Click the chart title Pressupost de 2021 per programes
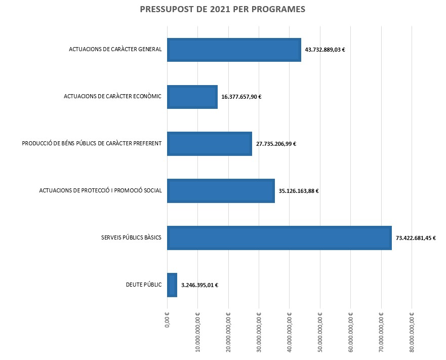point(222,9)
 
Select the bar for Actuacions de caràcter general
point(234,50)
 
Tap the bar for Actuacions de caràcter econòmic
point(192,97)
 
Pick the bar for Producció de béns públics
point(209,144)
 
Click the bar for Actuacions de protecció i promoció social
point(221,191)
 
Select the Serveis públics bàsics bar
point(279,237)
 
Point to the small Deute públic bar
point(172,285)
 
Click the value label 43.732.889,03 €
point(325,50)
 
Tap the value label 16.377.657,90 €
point(241,97)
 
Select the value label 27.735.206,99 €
point(276,144)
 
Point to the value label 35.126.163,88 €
point(298,191)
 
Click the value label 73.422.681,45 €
point(416,237)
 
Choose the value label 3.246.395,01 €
point(199,285)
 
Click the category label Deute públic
point(144,285)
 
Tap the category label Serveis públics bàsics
point(131,237)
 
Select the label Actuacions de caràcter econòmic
point(112,97)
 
